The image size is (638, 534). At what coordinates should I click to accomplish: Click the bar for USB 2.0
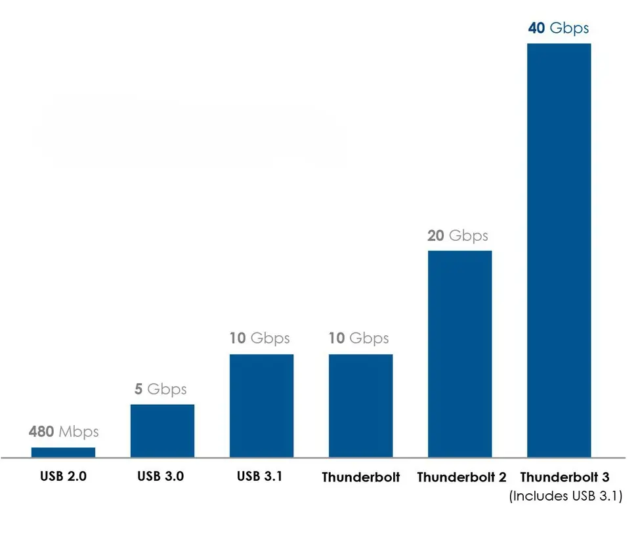(x=63, y=452)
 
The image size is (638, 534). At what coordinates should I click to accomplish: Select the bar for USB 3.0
(x=162, y=430)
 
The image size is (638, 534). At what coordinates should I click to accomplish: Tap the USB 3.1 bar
(x=261, y=405)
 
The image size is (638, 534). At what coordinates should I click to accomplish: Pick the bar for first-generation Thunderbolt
(x=360, y=405)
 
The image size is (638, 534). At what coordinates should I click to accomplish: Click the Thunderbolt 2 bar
(x=459, y=354)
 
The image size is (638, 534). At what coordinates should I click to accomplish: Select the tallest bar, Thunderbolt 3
(x=559, y=250)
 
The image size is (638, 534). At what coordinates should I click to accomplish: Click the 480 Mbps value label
(x=64, y=432)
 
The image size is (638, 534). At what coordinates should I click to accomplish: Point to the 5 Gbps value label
(x=161, y=388)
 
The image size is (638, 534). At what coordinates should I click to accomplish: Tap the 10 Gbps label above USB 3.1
(x=260, y=339)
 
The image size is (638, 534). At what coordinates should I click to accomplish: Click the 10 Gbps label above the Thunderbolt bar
(x=359, y=339)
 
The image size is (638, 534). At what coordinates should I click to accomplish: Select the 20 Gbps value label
(x=458, y=235)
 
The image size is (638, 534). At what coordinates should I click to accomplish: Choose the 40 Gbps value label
(x=558, y=28)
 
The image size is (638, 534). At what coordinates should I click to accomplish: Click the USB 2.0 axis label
(x=63, y=476)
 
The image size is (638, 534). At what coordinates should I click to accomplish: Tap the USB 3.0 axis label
(x=161, y=476)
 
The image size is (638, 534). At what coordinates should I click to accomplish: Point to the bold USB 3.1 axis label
(x=260, y=476)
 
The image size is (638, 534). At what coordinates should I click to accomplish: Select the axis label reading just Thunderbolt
(x=360, y=477)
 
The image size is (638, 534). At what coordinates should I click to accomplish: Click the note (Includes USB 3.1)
(x=565, y=497)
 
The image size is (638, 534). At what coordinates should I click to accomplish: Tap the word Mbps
(x=79, y=432)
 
